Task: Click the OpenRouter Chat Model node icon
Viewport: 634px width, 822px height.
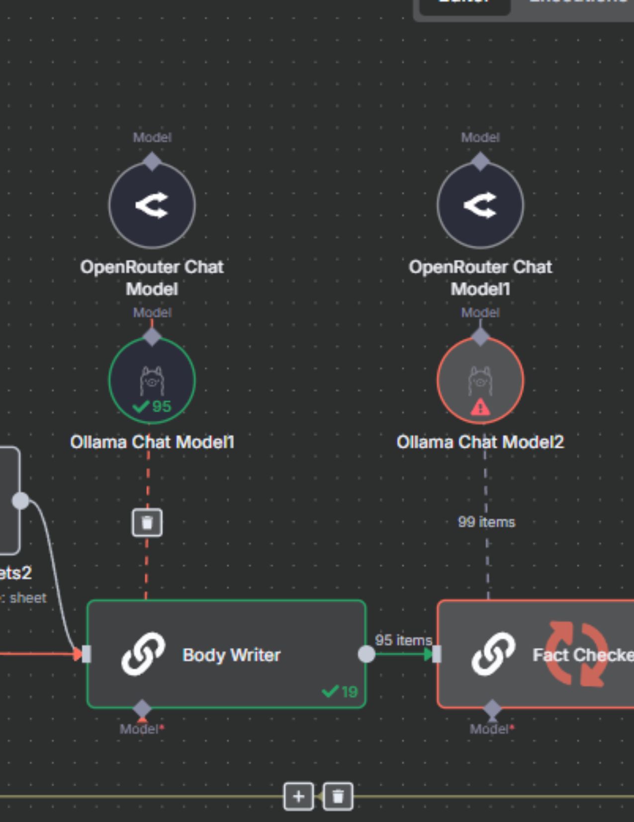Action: (152, 205)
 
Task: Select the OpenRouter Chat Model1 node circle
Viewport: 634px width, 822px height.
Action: (480, 205)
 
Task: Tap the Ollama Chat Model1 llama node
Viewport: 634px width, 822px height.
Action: (152, 380)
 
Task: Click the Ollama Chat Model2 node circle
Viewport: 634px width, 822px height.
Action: (480, 380)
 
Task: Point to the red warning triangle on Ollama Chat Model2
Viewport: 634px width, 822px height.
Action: (480, 408)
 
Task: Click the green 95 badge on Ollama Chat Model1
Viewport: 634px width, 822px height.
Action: (153, 406)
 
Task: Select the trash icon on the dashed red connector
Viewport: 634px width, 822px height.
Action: (147, 523)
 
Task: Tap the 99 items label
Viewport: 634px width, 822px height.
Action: (486, 522)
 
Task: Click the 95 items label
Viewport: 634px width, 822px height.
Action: (403, 640)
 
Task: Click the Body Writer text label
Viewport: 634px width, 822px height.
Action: (231, 655)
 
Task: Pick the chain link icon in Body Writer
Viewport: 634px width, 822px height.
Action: (143, 654)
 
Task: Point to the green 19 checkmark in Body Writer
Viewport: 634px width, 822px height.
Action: (340, 691)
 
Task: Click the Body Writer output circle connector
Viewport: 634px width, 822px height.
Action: (366, 654)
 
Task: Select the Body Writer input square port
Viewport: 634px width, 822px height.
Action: (87, 654)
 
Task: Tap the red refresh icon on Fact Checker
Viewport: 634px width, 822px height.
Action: (577, 654)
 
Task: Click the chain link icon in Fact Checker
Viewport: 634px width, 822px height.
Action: (493, 654)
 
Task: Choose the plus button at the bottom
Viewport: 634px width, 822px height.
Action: (298, 797)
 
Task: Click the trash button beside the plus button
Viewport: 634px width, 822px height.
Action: (338, 797)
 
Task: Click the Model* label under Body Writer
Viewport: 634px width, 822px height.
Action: (142, 729)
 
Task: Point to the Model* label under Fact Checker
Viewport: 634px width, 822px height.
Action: (492, 729)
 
